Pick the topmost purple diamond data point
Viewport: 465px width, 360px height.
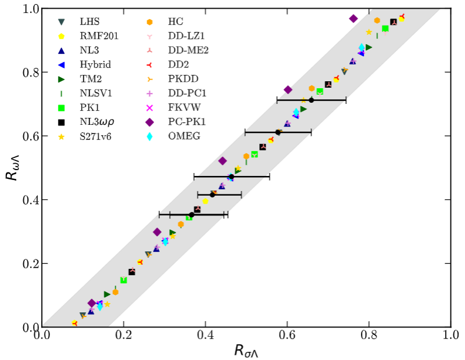[x=353, y=19]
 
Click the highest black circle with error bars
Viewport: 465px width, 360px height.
[x=312, y=100]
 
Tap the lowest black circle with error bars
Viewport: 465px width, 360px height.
[x=191, y=215]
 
